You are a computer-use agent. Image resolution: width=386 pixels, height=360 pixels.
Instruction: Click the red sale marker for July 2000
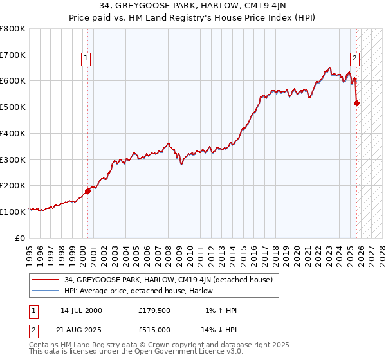tap(88, 190)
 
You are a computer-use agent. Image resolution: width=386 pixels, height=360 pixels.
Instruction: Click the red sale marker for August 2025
tap(356, 103)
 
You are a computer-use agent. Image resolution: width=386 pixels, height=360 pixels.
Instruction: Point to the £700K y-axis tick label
tap(13, 55)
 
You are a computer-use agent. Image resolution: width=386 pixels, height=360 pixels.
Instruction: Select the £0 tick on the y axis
tap(21, 238)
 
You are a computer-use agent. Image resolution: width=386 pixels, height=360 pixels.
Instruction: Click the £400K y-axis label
tap(13, 134)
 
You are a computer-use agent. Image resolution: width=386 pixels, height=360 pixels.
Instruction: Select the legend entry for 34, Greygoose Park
tap(169, 280)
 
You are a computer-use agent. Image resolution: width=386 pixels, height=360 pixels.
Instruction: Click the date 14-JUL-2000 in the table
tap(81, 310)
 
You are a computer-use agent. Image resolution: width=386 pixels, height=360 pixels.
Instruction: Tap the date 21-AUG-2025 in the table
tap(82, 330)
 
